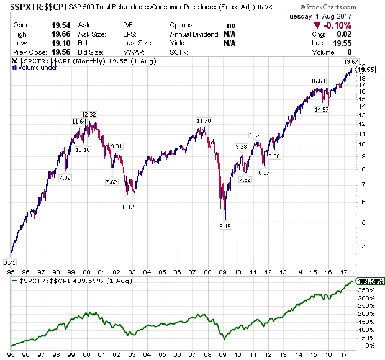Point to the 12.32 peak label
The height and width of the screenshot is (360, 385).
tap(89, 114)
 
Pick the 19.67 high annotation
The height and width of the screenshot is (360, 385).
tap(350, 62)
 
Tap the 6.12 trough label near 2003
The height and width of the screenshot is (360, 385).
tap(128, 207)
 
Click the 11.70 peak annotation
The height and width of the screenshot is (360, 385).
tap(204, 120)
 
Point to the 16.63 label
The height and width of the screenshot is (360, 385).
tap(317, 81)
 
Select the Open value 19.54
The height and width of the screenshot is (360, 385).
tap(56, 25)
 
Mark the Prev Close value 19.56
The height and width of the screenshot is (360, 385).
tap(56, 53)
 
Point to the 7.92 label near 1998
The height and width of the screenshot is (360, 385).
tap(65, 178)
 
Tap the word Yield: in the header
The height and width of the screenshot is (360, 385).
tap(178, 43)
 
